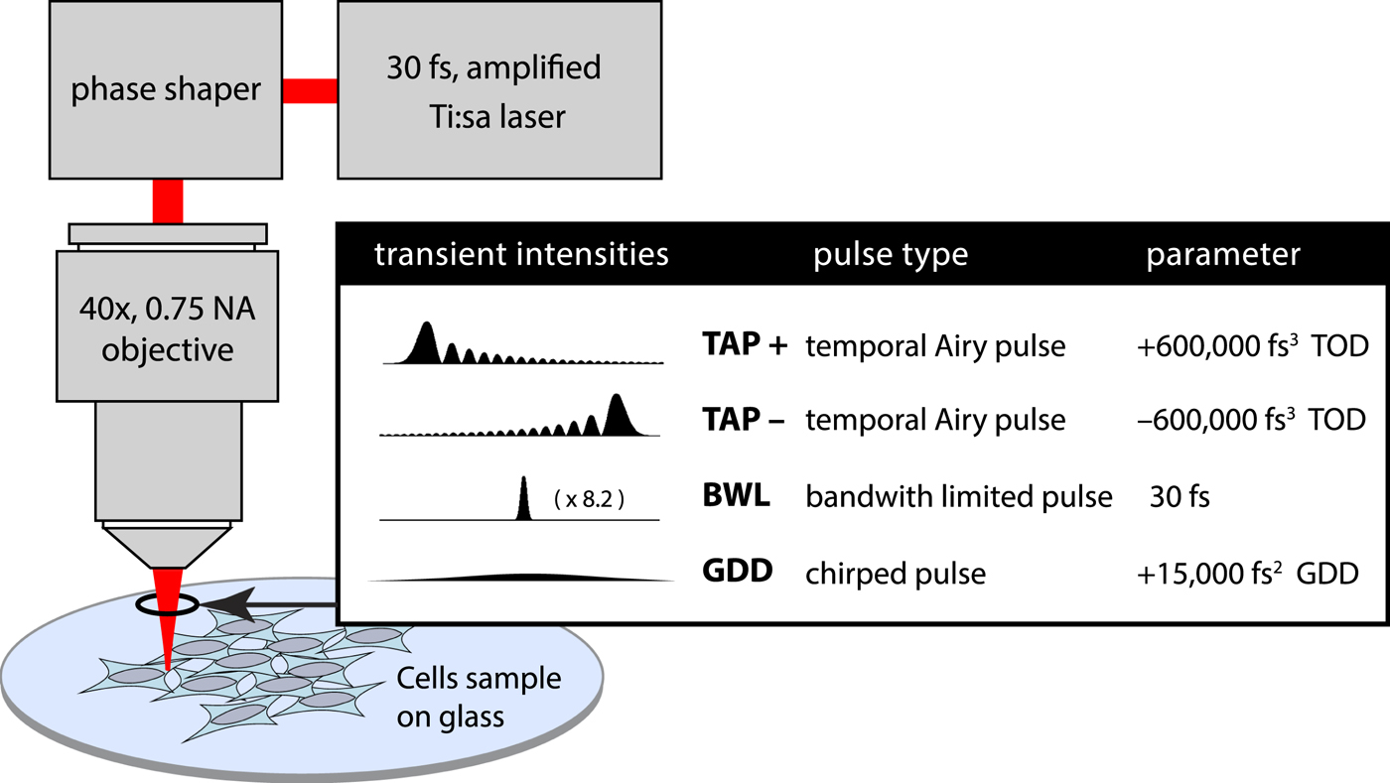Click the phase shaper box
pyautogui.click(x=166, y=90)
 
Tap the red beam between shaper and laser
pyautogui.click(x=310, y=90)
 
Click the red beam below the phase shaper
pyautogui.click(x=168, y=201)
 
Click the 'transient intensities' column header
pyautogui.click(x=521, y=255)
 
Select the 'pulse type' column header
pyautogui.click(x=891, y=255)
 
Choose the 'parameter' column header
pyautogui.click(x=1223, y=255)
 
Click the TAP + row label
pyautogui.click(x=744, y=345)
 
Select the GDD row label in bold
pyautogui.click(x=737, y=573)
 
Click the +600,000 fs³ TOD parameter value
pyautogui.click(x=1252, y=345)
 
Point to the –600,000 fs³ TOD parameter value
pyautogui.click(x=1252, y=420)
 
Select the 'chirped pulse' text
pyautogui.click(x=895, y=574)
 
